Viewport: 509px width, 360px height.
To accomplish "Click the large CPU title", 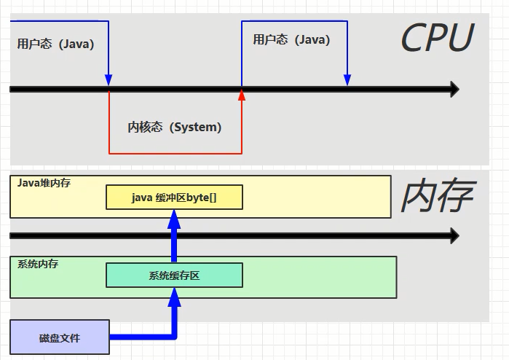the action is tap(438, 37).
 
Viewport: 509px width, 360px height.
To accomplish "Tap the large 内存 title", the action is tap(438, 195).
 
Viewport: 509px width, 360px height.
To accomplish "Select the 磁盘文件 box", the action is tap(60, 337).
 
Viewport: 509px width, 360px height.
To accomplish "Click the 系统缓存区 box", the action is tap(174, 275).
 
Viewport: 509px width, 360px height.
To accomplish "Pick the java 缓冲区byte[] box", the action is tap(174, 197).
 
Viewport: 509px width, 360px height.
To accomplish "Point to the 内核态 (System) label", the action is tap(174, 127).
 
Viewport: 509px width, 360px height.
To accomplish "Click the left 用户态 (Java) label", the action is tap(55, 44).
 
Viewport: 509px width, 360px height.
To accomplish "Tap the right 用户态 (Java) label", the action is tap(291, 39).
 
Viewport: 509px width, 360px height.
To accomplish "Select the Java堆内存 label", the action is tap(44, 183).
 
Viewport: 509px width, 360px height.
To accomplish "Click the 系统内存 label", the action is tap(38, 264).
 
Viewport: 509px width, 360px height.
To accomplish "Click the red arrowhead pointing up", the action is tap(242, 95).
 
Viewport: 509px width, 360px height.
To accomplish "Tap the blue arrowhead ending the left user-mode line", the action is tap(108, 80).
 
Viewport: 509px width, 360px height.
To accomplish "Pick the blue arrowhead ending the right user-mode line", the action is tap(347, 80).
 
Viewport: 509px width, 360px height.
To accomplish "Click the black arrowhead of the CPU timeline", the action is tap(454, 89).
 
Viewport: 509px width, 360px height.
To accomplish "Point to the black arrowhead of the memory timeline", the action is tap(454, 235).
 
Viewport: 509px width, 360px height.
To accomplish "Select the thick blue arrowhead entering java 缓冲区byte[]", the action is tap(174, 219).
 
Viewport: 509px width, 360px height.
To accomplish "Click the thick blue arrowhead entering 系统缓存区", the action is tap(174, 297).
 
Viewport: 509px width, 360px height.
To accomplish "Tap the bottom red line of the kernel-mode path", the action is tap(175, 153).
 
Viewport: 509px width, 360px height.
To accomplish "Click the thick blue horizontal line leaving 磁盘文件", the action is tap(142, 337).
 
